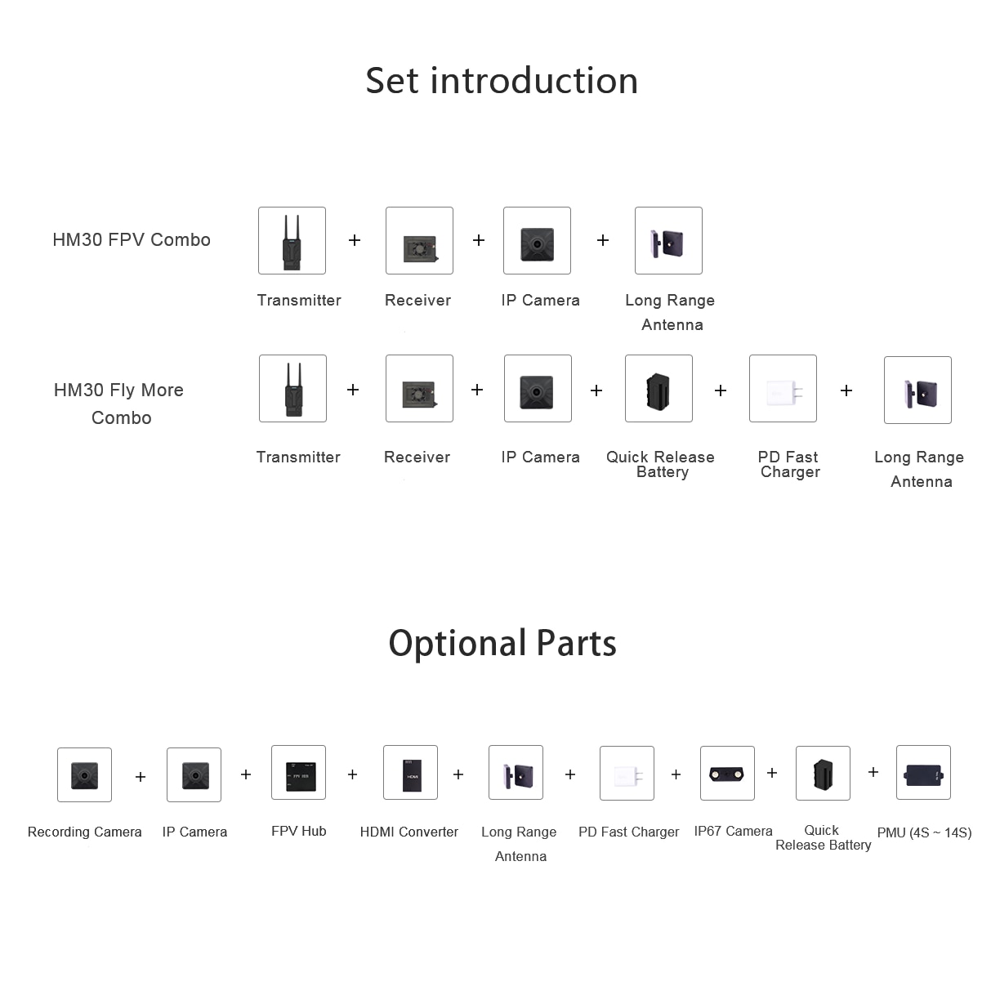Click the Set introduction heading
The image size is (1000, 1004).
(502, 81)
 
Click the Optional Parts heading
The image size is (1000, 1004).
(502, 643)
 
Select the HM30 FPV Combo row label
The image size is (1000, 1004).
(132, 239)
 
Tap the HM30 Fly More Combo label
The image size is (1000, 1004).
(119, 404)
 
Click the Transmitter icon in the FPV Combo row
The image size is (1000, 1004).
(292, 241)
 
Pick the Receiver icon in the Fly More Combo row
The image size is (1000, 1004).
(419, 389)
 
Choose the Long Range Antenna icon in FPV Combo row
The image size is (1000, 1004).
(668, 241)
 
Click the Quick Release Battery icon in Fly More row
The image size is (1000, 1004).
(658, 389)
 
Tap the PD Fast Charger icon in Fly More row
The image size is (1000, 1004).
(783, 389)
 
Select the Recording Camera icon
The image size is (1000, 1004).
(84, 774)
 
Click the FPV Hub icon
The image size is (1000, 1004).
(298, 773)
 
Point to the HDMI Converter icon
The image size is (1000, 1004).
(411, 773)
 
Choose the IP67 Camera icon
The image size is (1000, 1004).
(727, 773)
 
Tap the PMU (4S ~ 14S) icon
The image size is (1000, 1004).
(923, 773)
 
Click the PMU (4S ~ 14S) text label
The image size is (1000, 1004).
(925, 832)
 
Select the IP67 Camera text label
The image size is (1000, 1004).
(733, 831)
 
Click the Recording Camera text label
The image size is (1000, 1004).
(84, 832)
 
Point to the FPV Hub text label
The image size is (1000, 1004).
(298, 831)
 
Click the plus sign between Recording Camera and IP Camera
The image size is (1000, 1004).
(141, 777)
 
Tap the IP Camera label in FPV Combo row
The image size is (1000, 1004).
(540, 300)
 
